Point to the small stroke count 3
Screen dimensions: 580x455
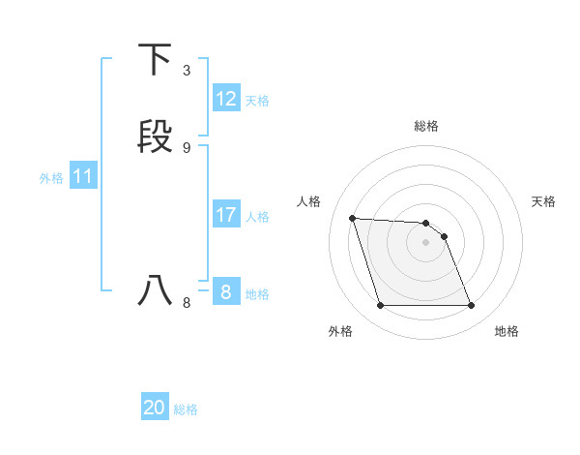[x=187, y=71]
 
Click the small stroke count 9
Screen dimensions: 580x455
[x=187, y=147]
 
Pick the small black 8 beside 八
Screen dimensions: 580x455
[x=187, y=302]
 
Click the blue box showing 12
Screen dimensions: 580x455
[x=226, y=99]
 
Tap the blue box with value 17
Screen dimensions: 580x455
[x=226, y=215]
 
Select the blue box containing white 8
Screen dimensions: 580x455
[x=226, y=291]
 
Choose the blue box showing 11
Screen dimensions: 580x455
[x=83, y=176]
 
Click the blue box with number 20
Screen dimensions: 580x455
[x=155, y=408]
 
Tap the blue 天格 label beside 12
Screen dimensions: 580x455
[x=257, y=100]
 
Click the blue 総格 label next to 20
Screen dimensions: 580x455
[x=186, y=409]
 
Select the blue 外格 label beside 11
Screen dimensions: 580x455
[x=51, y=178]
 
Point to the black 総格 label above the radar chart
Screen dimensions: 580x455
[x=426, y=126]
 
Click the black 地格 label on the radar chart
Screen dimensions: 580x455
[x=507, y=331]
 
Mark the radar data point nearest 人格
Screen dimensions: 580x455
[x=352, y=218]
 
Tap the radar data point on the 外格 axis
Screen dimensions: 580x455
[x=380, y=306]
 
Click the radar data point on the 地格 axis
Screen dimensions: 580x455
[x=472, y=306]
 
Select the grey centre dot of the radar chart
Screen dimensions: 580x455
[x=426, y=243]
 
